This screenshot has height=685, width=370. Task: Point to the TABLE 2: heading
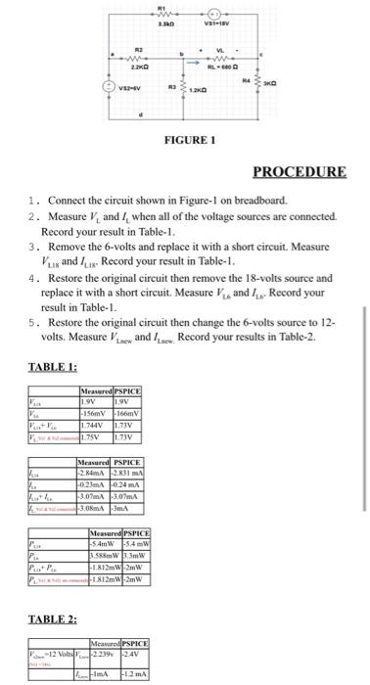pos(48,592)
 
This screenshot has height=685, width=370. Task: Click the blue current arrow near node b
pos(208,60)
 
